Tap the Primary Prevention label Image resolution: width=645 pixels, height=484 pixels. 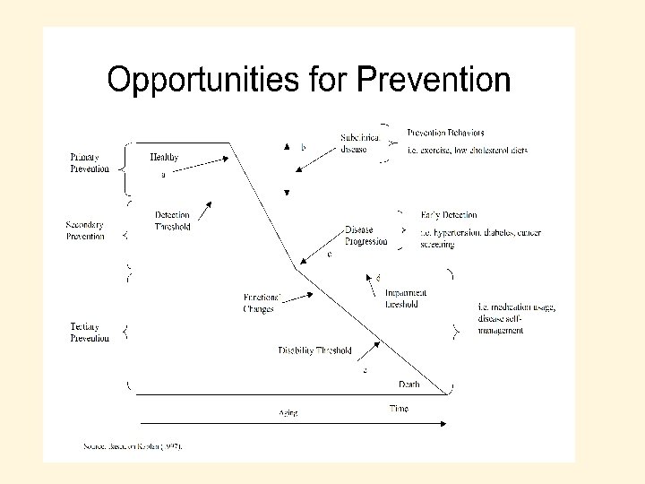(x=90, y=163)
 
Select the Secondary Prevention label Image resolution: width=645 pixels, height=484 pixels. (x=85, y=230)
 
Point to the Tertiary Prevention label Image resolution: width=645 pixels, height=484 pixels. (x=90, y=333)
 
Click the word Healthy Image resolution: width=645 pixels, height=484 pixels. (x=164, y=158)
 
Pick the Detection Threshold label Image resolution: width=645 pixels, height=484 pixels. (x=172, y=220)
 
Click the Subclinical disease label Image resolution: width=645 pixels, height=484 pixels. (x=359, y=143)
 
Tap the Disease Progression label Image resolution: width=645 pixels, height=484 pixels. (x=366, y=235)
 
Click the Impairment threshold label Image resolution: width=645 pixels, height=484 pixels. (x=406, y=298)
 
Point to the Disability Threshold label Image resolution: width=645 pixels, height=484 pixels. (x=314, y=350)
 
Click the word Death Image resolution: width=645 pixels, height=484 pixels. (x=408, y=385)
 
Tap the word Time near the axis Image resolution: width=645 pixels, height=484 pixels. (x=399, y=409)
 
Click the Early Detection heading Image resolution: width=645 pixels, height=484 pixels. (x=449, y=215)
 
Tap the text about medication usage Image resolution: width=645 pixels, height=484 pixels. (x=517, y=319)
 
